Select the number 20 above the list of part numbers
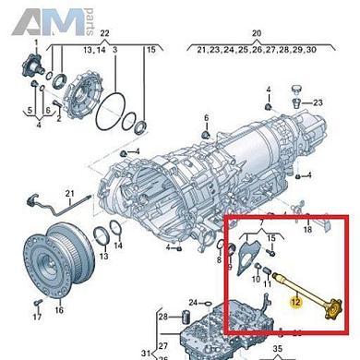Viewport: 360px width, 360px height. click(257, 32)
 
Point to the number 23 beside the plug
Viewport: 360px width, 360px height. click(318, 102)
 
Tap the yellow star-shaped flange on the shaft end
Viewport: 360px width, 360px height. click(330, 314)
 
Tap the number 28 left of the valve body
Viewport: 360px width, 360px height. click(162, 318)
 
